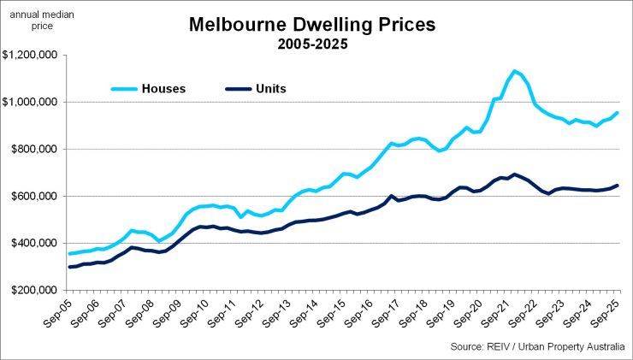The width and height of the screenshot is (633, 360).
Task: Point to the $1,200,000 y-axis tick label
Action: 30,56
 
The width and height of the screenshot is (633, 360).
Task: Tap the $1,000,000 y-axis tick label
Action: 30,103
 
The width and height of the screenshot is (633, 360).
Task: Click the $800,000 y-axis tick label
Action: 34,150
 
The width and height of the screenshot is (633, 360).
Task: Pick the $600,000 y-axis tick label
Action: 34,197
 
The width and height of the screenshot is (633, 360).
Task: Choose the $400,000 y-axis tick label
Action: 34,244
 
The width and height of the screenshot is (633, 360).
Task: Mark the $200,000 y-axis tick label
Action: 34,291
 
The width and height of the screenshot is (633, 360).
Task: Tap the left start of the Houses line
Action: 69,254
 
